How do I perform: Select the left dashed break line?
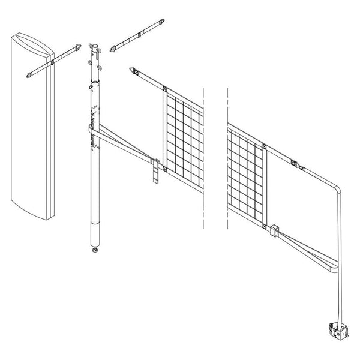coord(205,156)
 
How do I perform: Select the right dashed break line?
coord(228,156)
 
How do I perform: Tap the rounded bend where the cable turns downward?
coord(337,191)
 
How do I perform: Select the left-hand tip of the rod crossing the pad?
coord(28,76)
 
